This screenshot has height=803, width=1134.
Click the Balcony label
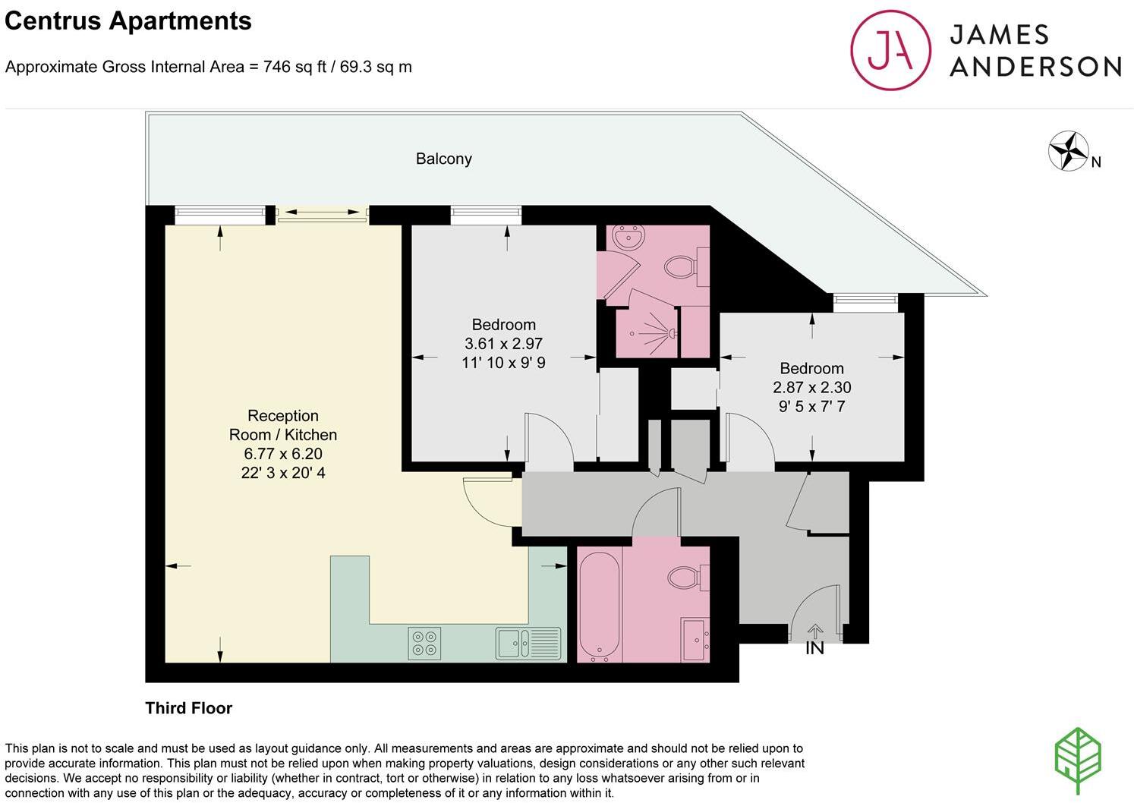[x=443, y=159]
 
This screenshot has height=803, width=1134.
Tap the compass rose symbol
[x=1068, y=150]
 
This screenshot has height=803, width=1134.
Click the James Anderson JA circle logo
[x=890, y=51]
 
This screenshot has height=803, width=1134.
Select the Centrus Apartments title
[x=128, y=20]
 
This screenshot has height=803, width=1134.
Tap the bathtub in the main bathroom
[x=600, y=604]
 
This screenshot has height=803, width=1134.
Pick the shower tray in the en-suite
[x=647, y=332]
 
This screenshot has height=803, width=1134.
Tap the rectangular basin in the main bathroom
[x=695, y=639]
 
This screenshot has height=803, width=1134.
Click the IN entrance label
[x=814, y=648]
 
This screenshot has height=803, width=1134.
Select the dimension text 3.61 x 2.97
[x=503, y=344]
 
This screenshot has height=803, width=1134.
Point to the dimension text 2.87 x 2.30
[x=811, y=387]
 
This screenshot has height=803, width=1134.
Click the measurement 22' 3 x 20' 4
[x=282, y=473]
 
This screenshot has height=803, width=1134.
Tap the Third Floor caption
[x=188, y=708]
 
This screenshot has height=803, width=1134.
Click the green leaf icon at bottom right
[x=1078, y=761]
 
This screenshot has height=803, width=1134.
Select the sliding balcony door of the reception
[x=323, y=215]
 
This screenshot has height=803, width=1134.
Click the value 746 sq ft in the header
[x=295, y=67]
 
